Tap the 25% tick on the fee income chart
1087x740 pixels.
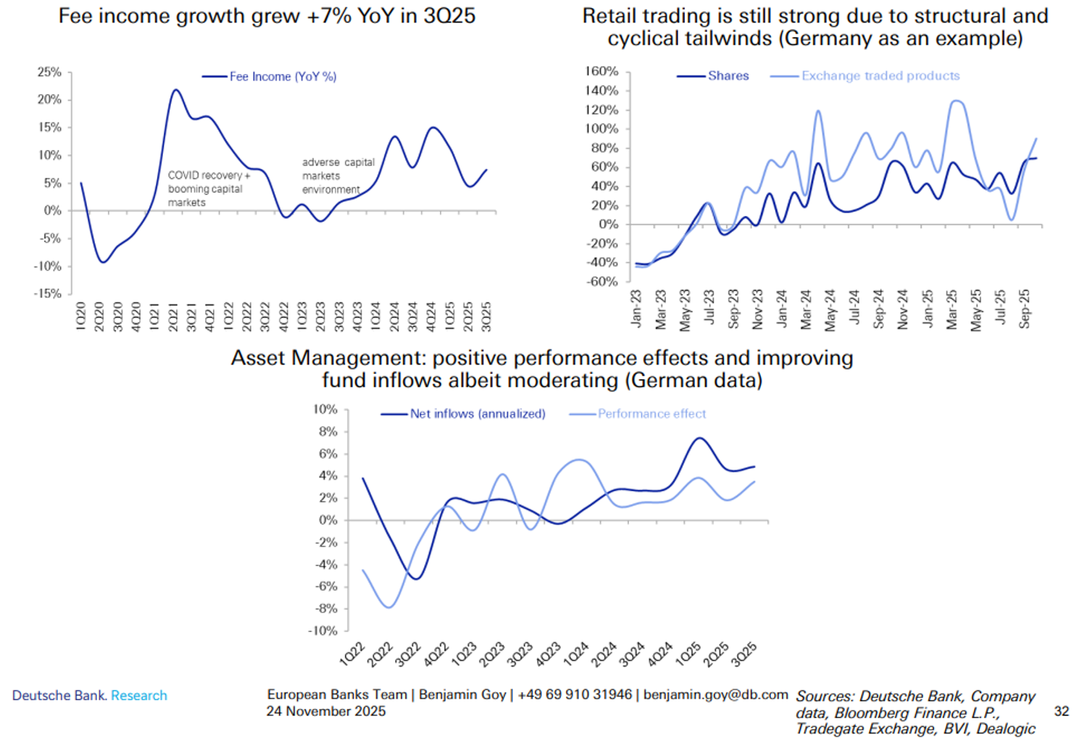(x=49, y=72)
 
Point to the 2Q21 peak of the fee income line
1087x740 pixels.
(x=175, y=91)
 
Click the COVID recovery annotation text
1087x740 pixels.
(x=209, y=188)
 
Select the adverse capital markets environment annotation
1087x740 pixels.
(x=338, y=176)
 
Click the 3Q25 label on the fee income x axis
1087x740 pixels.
(x=486, y=317)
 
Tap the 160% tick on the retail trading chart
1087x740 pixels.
(x=601, y=72)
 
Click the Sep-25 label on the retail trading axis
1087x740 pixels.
(x=1025, y=309)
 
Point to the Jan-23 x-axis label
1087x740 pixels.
(x=636, y=309)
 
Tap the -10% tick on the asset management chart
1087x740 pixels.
(x=323, y=631)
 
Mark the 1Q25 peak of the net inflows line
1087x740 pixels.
(x=699, y=438)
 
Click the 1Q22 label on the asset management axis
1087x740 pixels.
(x=352, y=654)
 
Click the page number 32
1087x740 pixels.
(x=1061, y=711)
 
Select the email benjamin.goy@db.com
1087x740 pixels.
(x=715, y=694)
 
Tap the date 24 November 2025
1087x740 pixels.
(x=326, y=711)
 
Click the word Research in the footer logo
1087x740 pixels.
(x=139, y=696)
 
